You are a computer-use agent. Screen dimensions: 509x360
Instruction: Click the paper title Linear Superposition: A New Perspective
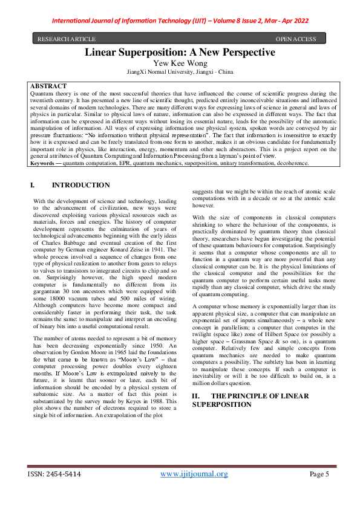pyautogui.click(x=180, y=53)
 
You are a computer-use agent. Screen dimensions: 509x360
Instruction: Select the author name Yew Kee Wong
pyautogui.click(x=180, y=63)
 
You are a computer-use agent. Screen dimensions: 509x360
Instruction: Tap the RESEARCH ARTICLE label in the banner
pyautogui.click(x=62, y=39)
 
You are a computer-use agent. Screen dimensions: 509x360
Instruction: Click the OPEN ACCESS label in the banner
pyautogui.click(x=295, y=39)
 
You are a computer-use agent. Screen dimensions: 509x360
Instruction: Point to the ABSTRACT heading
pyautogui.click(x=48, y=86)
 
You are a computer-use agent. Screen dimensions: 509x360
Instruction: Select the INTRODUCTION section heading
pyautogui.click(x=81, y=185)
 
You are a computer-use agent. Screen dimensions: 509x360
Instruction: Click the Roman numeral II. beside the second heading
pyautogui.click(x=196, y=395)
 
